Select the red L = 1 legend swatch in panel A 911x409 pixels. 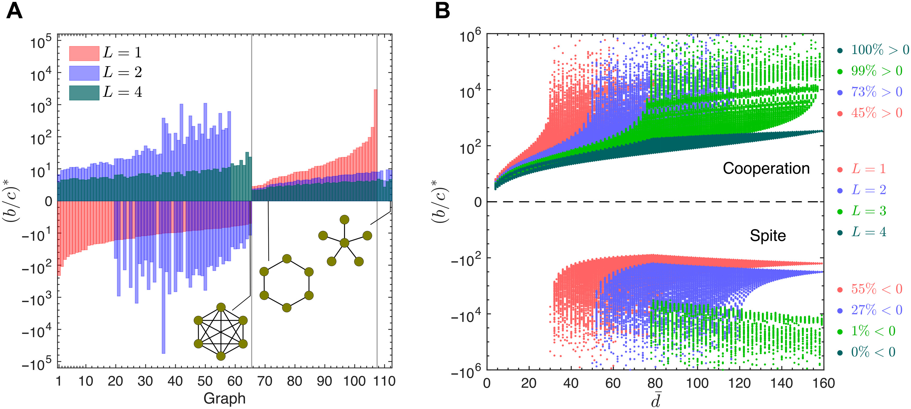(x=84, y=53)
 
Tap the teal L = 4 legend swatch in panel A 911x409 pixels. (x=84, y=93)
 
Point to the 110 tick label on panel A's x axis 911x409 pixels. (x=384, y=381)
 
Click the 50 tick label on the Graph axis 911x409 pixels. (x=205, y=381)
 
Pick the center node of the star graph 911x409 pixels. (x=344, y=243)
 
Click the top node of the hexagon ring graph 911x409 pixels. (x=287, y=259)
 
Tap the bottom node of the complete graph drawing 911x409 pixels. (x=221, y=356)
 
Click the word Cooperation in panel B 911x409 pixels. (x=766, y=168)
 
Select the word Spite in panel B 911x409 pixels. (x=768, y=236)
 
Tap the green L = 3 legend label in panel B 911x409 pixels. (x=868, y=211)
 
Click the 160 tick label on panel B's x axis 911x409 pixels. (x=824, y=383)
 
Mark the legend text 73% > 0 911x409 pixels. (x=876, y=92)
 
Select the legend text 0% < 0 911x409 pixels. (x=873, y=352)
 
